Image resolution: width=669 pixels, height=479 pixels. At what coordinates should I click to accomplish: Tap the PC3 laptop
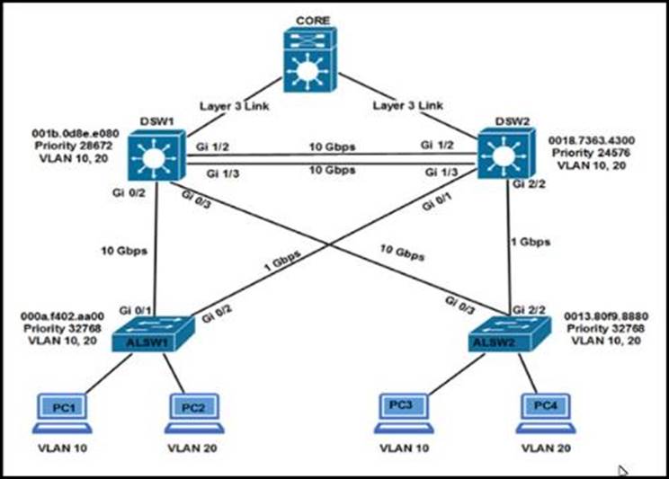(401, 409)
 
